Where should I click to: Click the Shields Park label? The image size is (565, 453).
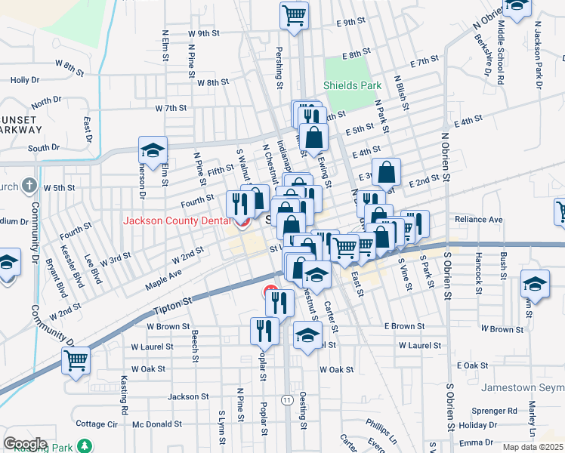[x=353, y=85]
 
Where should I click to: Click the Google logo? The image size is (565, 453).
[x=25, y=444]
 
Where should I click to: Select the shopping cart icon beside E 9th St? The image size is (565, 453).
[x=294, y=14]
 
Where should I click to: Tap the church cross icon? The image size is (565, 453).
[x=29, y=185]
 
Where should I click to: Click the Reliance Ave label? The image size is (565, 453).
[x=479, y=219]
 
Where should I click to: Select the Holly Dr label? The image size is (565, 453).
[x=25, y=79]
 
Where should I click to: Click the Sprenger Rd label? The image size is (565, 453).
[x=497, y=411]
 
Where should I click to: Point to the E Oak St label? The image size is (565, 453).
[x=474, y=365]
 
